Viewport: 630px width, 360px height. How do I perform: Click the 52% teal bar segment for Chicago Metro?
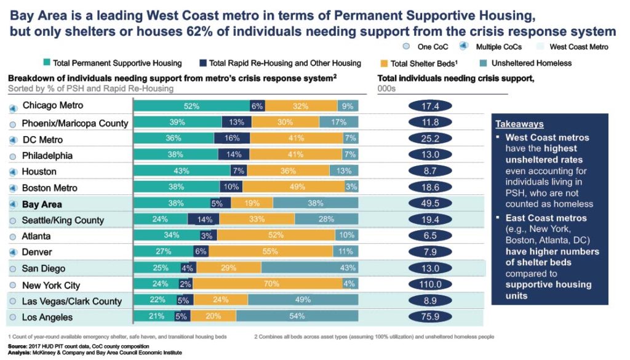191,106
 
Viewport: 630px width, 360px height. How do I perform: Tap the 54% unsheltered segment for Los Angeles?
298,317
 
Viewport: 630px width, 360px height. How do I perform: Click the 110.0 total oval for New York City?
430,285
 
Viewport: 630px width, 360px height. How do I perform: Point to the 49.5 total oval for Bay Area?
430,204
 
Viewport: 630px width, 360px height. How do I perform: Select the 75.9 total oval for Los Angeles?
430,317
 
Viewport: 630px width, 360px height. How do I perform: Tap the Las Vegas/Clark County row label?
72,302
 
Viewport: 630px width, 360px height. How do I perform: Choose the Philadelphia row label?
47,156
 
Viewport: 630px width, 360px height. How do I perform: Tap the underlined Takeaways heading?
520,124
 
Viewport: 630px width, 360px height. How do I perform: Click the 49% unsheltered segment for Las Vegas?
303,301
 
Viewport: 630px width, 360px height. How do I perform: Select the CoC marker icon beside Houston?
12,172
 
